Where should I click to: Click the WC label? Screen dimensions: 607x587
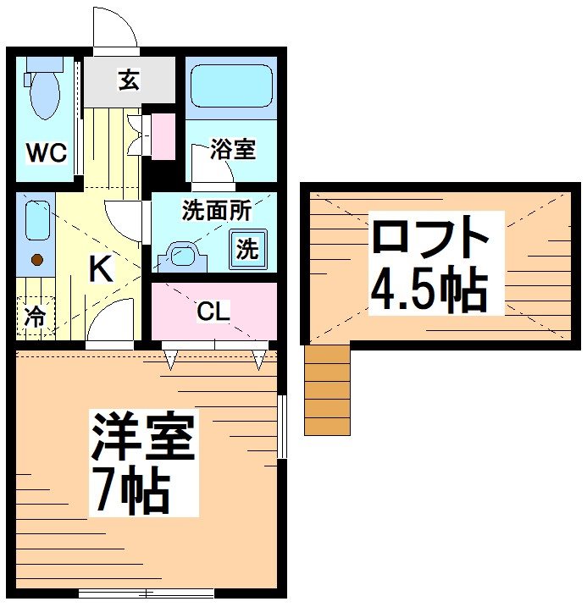click(x=45, y=153)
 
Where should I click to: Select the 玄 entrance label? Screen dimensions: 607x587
click(x=128, y=81)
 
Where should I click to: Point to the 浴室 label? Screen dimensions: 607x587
click(x=233, y=150)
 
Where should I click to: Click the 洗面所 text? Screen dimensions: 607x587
click(x=216, y=211)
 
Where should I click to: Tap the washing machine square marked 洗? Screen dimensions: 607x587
click(x=246, y=249)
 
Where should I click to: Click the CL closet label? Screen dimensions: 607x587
click(x=213, y=312)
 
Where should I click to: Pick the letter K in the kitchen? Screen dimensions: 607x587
click(x=101, y=269)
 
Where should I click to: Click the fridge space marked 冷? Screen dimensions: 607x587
click(x=35, y=318)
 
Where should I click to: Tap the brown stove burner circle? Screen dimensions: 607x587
click(x=36, y=261)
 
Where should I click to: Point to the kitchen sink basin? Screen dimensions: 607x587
click(x=36, y=221)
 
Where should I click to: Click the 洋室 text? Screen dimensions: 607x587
click(x=143, y=437)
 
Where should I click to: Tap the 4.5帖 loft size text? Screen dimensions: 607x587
click(x=429, y=290)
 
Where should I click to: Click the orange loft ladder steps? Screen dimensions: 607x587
click(x=327, y=390)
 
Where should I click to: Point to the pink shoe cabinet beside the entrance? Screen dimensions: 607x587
click(x=163, y=134)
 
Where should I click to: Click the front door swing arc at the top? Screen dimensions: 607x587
click(x=116, y=27)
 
